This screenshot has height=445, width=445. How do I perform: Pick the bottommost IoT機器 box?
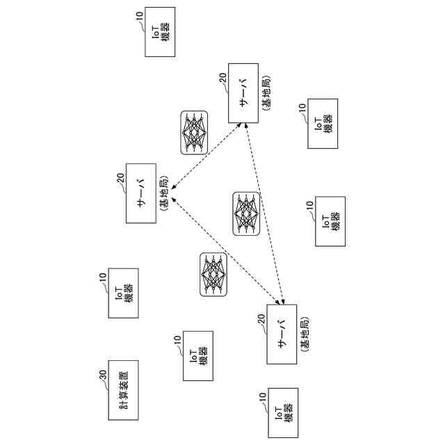coord(282,413)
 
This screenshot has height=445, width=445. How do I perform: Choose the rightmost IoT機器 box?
coord(331,222)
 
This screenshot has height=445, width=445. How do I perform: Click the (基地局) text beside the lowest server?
coord(305,334)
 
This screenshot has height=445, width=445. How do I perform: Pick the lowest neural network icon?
coord(213,274)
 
